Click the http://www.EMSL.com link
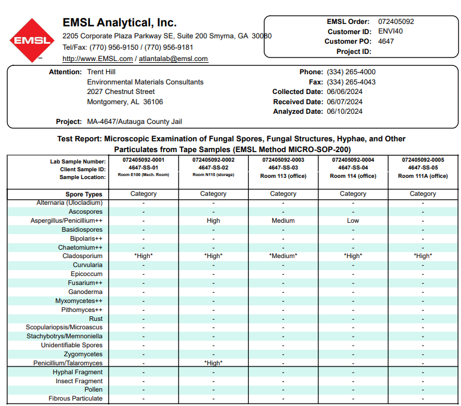coord(98,59)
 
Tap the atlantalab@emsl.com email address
coord(173,59)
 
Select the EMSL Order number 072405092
coord(396,22)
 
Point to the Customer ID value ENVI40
coord(391,31)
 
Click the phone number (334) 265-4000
coord(351,72)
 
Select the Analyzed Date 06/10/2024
coord(344,111)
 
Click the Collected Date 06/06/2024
coord(344,92)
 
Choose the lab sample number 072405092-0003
coord(283,160)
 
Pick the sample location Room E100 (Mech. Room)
coord(143,175)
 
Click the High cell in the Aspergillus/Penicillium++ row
coord(213,220)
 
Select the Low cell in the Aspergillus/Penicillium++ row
coord(353,220)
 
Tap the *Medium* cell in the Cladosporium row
coord(283,256)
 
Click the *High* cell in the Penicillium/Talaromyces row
coord(213,363)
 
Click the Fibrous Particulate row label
coord(76,398)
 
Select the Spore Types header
coord(84,194)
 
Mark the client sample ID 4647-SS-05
coord(423,168)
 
